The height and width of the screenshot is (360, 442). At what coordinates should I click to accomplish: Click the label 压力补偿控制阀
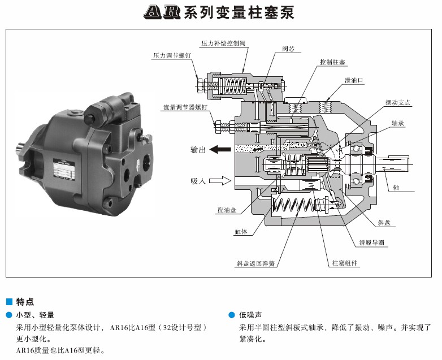pyautogui.click(x=223, y=44)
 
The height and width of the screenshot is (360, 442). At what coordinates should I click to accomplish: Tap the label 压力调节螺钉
pyautogui.click(x=172, y=55)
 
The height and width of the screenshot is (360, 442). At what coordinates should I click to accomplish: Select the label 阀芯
pyautogui.click(x=288, y=49)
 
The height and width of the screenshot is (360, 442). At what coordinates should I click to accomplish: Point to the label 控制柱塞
pyautogui.click(x=332, y=62)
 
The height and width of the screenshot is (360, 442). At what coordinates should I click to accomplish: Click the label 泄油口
pyautogui.click(x=354, y=80)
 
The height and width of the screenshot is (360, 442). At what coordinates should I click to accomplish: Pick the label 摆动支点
pyautogui.click(x=398, y=103)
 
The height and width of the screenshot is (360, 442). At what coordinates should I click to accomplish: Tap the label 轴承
pyautogui.click(x=398, y=123)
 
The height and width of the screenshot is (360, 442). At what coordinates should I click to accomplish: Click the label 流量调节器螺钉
pyautogui.click(x=185, y=107)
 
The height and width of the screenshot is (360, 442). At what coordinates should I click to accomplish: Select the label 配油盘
pyautogui.click(x=227, y=210)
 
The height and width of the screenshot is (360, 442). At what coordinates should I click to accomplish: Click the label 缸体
pyautogui.click(x=241, y=232)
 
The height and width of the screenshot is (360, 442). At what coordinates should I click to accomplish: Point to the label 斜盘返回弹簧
pyautogui.click(x=255, y=264)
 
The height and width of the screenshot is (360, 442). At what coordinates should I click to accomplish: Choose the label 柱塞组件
pyautogui.click(x=345, y=263)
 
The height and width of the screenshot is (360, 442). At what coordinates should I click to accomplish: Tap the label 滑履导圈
pyautogui.click(x=371, y=242)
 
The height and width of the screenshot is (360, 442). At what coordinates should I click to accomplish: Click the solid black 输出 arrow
pyautogui.click(x=220, y=149)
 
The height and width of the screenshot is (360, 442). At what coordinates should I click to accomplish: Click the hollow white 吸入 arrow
pyautogui.click(x=220, y=180)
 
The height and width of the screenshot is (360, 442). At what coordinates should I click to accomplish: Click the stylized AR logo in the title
pyautogui.click(x=162, y=12)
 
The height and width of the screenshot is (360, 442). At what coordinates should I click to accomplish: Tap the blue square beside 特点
pyautogui.click(x=9, y=302)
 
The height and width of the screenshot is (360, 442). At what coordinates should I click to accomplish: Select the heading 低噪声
pyautogui.click(x=250, y=315)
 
